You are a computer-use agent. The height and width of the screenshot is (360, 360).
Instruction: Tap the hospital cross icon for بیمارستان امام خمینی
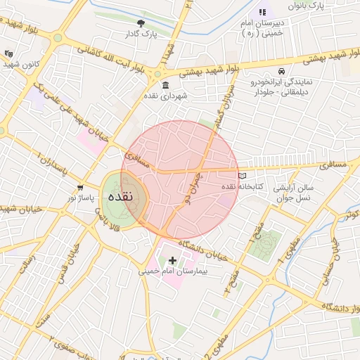[x=173, y=260]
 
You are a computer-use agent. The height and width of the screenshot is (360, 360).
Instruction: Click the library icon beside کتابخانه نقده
[x=243, y=175]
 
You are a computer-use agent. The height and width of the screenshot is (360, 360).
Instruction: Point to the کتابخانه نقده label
[x=242, y=187]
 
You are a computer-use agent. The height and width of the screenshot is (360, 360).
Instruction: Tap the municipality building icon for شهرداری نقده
[x=165, y=86]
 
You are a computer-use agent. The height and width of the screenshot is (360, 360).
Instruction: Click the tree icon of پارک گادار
[x=140, y=23]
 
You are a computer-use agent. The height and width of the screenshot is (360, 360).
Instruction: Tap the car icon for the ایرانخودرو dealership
[x=281, y=72]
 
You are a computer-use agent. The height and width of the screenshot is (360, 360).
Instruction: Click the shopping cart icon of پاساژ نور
[x=80, y=188]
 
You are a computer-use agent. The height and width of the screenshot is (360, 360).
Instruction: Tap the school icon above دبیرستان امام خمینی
[x=262, y=12]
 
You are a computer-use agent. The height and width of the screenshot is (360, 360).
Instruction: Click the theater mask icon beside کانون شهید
[x=8, y=53]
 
